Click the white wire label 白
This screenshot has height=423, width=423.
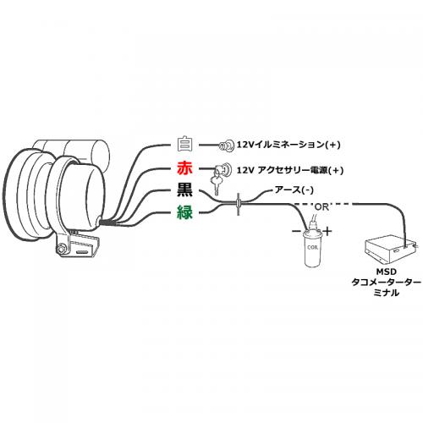pos(185,145)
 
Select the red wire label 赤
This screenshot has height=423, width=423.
pos(185,168)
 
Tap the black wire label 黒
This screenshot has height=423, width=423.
pos(185,191)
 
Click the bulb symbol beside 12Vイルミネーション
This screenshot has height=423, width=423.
pos(228,145)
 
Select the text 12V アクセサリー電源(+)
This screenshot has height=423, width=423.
pos(296,168)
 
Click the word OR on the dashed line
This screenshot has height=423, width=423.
pos(324,206)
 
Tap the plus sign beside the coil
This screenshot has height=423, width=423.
pos(328,230)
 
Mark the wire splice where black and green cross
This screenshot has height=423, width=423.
pos(239,203)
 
